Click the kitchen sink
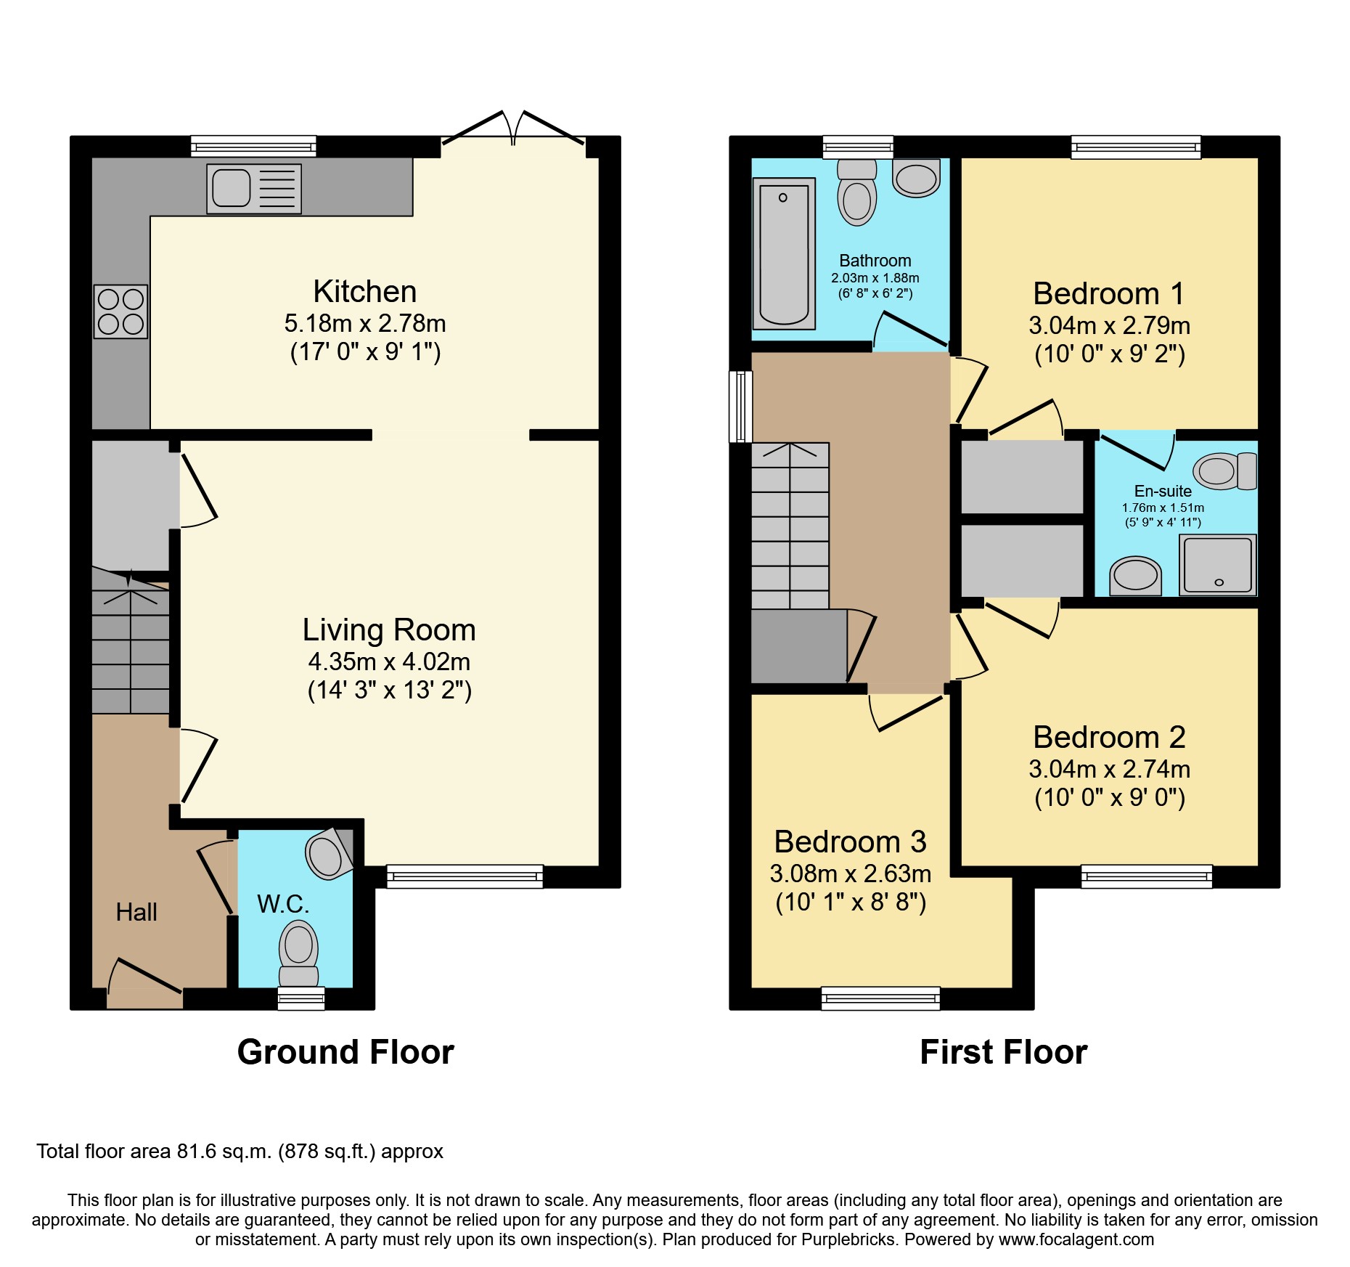[253, 189]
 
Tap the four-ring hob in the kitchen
[120, 311]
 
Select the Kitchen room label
[364, 291]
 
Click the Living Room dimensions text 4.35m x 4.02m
[389, 661]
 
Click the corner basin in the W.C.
[328, 855]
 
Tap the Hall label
[136, 912]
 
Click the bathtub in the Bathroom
[783, 253]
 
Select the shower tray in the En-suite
[1217, 565]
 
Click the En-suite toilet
[1225, 471]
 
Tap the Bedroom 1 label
[1108, 294]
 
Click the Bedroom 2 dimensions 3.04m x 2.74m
[1108, 769]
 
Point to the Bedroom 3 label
[850, 842]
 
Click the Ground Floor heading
[345, 1052]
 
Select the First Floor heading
[1003, 1052]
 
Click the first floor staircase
[790, 526]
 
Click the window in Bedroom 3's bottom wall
[880, 998]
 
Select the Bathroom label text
[875, 261]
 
